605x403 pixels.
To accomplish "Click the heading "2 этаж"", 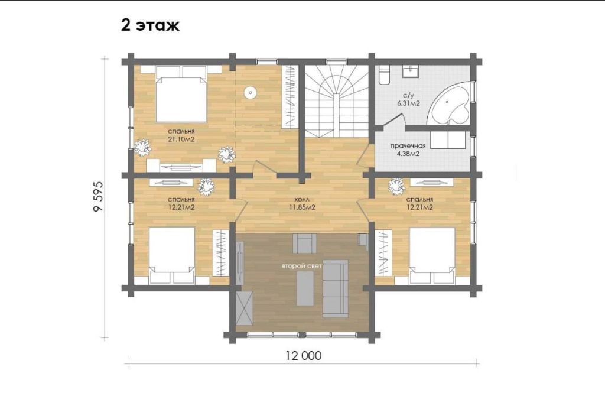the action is pyautogui.click(x=150, y=25).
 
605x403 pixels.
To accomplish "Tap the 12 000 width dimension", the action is pyautogui.click(x=303, y=355).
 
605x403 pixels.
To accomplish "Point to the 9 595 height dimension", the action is pyautogui.click(x=99, y=196).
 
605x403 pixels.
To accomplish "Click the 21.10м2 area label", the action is pyautogui.click(x=181, y=139).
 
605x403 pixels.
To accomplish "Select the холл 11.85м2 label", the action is pyautogui.click(x=303, y=203).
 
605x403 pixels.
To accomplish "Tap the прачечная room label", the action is pyautogui.click(x=408, y=146).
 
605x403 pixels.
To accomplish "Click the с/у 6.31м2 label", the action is pyautogui.click(x=408, y=99).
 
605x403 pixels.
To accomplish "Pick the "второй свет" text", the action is pyautogui.click(x=301, y=266).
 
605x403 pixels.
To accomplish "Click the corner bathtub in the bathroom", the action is pyautogui.click(x=449, y=103).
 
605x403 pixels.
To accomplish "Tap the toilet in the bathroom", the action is pyautogui.click(x=384, y=75).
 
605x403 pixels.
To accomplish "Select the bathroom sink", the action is pyautogui.click(x=412, y=71).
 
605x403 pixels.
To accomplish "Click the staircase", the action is pyautogui.click(x=337, y=101).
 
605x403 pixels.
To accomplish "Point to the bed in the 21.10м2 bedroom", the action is pyautogui.click(x=181, y=94).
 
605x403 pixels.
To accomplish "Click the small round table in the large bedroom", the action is pyautogui.click(x=251, y=92).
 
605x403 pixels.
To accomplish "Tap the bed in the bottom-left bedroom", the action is pyautogui.click(x=172, y=255).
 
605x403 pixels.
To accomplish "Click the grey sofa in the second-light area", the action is pyautogui.click(x=336, y=288).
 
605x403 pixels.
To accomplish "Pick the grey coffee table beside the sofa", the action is pyautogui.click(x=305, y=288).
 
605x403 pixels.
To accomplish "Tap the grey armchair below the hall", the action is pyautogui.click(x=305, y=243).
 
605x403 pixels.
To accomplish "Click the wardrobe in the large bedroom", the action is pyautogui.click(x=290, y=97).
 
